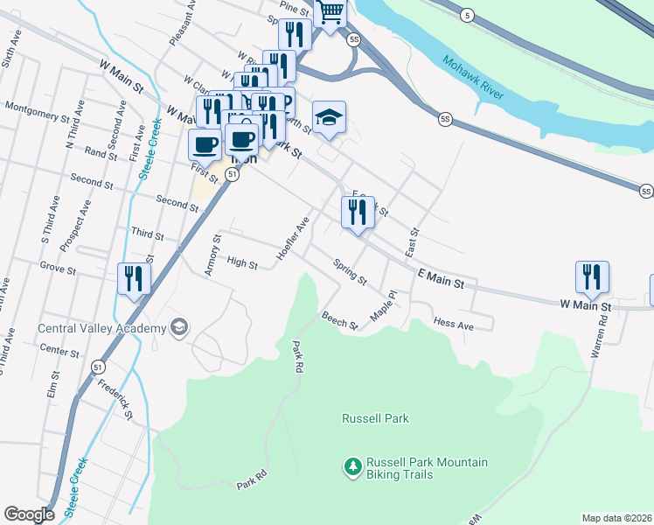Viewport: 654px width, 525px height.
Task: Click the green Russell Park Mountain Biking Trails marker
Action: [353, 467]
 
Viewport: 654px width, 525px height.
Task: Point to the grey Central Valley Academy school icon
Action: [179, 328]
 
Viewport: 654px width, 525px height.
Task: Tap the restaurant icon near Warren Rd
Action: [592, 277]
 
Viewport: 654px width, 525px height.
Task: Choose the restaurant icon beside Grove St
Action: [134, 279]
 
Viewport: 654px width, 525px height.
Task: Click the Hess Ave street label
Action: [453, 324]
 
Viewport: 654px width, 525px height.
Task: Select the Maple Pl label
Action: [384, 306]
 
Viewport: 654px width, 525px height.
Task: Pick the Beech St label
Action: [340, 321]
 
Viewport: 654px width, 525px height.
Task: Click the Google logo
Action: [29, 514]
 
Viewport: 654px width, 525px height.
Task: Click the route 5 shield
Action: [469, 15]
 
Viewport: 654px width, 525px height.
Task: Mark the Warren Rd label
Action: [602, 332]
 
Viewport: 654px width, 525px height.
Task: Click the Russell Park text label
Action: [375, 418]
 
